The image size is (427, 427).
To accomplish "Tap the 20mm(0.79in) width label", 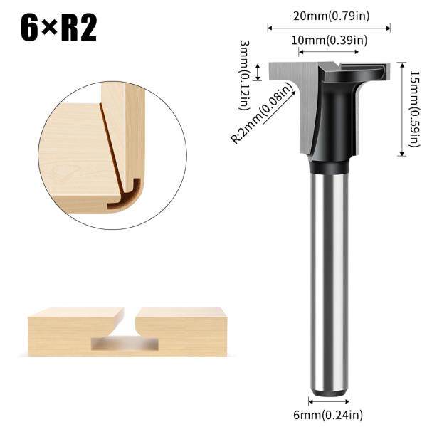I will click(328, 16).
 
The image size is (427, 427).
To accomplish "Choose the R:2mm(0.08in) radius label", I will click(263, 114).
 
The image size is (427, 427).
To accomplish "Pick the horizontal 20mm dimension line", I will click(328, 28).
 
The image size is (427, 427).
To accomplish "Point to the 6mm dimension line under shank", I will click(328, 403).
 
